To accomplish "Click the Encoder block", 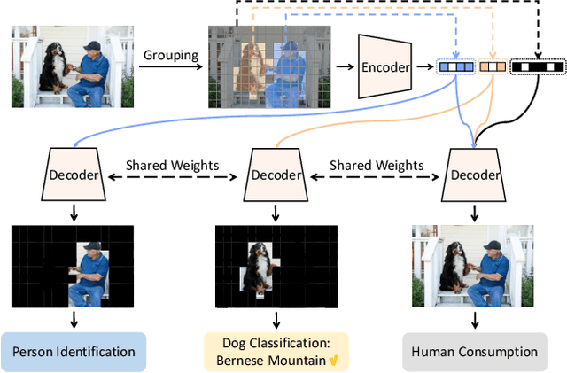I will coord(389,67).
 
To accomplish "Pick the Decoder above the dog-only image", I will coord(273,174).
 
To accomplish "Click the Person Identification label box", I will coord(74,351).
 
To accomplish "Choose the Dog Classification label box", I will coord(276,351).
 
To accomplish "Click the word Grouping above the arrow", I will coord(170,56).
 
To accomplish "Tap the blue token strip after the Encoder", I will coord(456,66).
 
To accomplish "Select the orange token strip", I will coord(493,66).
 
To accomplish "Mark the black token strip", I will coord(538,66).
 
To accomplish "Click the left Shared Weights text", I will coord(163,166).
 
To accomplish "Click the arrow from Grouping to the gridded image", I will coord(170,69).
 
